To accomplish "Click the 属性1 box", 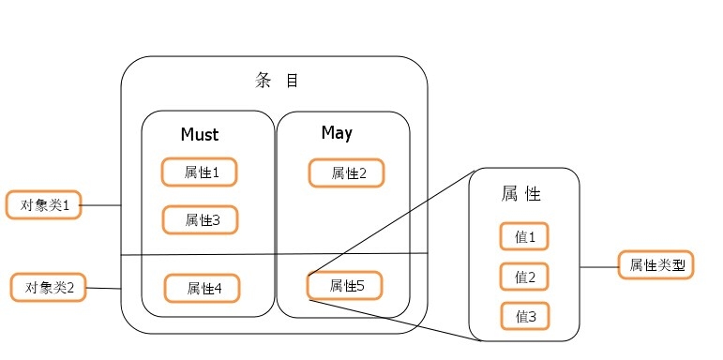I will coord(200,172).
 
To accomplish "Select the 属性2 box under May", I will coord(347,172).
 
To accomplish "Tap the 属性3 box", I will coord(200,220).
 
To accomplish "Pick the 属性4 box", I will coord(202,289).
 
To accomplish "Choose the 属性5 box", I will coord(345,285).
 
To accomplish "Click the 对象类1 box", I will coord(44,204).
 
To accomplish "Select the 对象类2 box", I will coord(48,287).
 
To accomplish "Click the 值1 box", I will coord(524,238).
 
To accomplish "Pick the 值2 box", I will coord(524,277).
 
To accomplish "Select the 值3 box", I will coord(524,317).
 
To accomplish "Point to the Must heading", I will coord(199,135).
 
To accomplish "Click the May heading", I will coord(337,133).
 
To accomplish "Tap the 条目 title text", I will coord(277,81).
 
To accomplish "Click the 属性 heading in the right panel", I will coord(521,195).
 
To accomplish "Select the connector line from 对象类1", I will coord(102,204).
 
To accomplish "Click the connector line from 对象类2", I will coord(104,288).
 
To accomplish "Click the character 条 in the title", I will coord(263,81).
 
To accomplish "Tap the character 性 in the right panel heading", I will coord(534,195).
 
